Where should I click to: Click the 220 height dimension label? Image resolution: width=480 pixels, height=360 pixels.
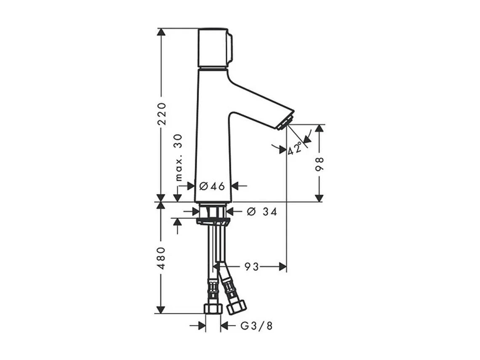point(162,113)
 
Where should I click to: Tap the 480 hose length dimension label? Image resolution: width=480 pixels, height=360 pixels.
point(162,258)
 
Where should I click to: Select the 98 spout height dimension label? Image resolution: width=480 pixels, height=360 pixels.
point(320,163)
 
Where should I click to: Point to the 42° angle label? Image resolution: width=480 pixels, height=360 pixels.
point(295,149)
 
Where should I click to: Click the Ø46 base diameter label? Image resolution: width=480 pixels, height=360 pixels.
point(212,186)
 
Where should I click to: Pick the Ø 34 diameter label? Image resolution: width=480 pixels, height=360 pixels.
point(261,212)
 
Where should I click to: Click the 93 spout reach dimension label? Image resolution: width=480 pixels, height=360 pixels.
point(251,267)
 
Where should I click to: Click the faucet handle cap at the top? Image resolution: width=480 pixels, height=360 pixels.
point(214,48)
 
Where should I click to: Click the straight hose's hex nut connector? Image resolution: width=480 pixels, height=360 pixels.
point(212,308)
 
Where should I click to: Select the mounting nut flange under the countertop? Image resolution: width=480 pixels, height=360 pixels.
point(212,221)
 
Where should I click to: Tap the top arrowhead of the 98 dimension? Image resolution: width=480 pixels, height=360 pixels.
point(320,128)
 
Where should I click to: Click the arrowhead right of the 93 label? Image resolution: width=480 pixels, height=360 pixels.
point(283,267)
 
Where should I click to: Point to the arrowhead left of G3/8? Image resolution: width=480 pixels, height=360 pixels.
point(202,325)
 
